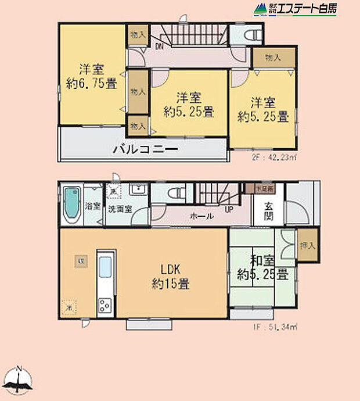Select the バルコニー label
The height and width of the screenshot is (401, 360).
point(145,149)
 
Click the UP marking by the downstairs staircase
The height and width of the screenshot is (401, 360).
point(229,209)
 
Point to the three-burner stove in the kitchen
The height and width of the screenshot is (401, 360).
point(106,305)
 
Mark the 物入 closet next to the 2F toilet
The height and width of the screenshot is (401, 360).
point(274,58)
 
